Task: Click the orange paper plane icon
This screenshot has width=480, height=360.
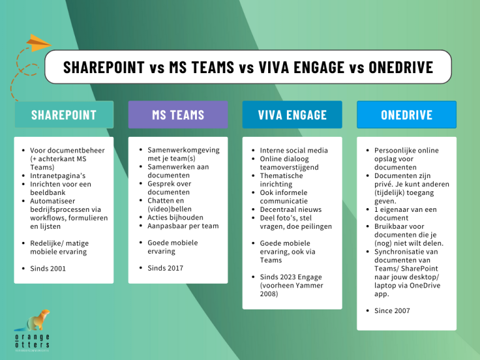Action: (x=38, y=44)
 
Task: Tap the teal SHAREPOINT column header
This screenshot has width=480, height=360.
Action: (x=64, y=115)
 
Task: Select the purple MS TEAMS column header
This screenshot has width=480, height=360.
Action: (x=177, y=115)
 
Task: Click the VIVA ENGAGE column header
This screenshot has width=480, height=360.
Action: (x=292, y=115)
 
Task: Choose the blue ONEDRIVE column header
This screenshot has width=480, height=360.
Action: (x=406, y=115)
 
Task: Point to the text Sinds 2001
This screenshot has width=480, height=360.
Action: (x=47, y=269)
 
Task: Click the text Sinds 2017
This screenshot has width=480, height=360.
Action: (x=165, y=268)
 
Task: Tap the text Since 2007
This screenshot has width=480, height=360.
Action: (x=392, y=311)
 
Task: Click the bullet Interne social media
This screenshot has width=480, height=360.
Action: (x=294, y=150)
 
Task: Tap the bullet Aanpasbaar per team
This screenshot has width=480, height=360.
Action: (x=182, y=226)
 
